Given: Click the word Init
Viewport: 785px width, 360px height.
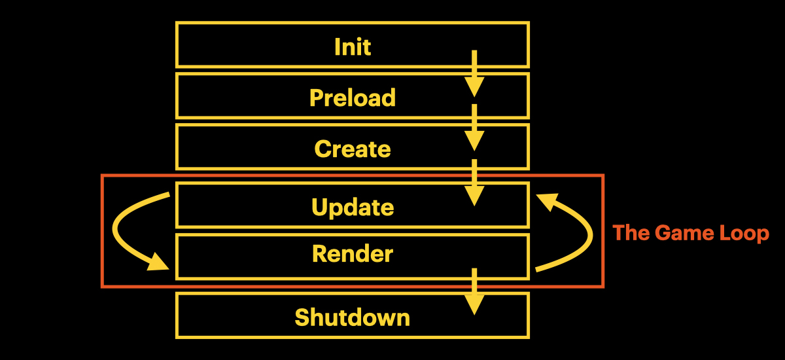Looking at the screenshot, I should point(352,47).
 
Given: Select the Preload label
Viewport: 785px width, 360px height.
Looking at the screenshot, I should point(352,98).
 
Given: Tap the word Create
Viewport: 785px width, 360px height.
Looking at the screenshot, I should point(352,149).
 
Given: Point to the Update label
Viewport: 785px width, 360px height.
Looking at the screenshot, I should point(352,207).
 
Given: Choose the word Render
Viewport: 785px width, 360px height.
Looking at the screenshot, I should point(352,253).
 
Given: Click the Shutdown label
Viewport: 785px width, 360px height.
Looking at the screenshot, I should point(352,317).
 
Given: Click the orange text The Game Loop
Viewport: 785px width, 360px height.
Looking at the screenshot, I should point(690,233).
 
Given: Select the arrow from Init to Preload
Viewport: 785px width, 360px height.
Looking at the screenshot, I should point(474,72).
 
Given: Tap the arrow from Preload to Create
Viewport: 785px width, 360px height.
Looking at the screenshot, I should point(474,126).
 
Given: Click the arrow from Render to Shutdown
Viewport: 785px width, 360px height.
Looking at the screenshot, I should point(474,290).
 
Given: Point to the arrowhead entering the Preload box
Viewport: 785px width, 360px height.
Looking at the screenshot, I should point(474,87).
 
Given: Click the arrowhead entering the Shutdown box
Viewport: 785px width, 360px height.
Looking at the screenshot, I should point(474,304).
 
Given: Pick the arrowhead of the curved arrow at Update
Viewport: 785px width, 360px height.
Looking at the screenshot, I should point(546,200).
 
